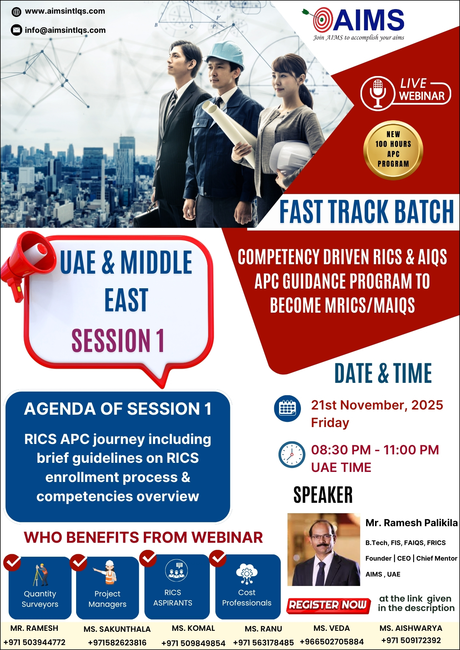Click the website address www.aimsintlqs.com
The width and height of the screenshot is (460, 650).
[65, 11]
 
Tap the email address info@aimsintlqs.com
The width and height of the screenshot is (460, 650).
[65, 30]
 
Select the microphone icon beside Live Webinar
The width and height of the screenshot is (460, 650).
[378, 93]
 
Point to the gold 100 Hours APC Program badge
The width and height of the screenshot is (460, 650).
[393, 150]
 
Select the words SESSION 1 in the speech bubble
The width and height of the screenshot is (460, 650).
[118, 340]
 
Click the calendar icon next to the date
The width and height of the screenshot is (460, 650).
[287, 409]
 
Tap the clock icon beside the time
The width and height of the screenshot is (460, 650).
[292, 454]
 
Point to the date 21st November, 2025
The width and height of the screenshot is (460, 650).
[377, 405]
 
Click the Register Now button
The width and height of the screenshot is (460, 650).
[328, 605]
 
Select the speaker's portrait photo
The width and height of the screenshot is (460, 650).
[324, 549]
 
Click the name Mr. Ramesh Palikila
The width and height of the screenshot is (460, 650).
[412, 523]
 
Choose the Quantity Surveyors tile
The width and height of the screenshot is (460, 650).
[40, 588]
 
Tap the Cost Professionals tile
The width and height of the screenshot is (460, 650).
[248, 587]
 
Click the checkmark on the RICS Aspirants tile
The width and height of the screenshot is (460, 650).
[148, 558]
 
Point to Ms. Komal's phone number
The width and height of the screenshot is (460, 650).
[193, 643]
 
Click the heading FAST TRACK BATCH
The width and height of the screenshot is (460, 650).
[367, 212]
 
